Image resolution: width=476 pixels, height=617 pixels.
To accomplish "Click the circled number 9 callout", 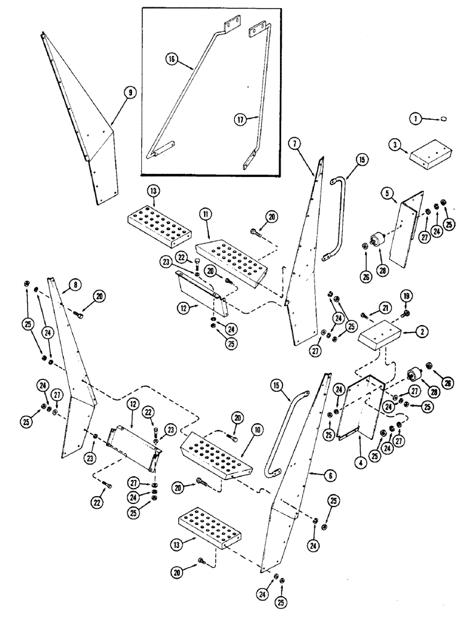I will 129,93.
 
